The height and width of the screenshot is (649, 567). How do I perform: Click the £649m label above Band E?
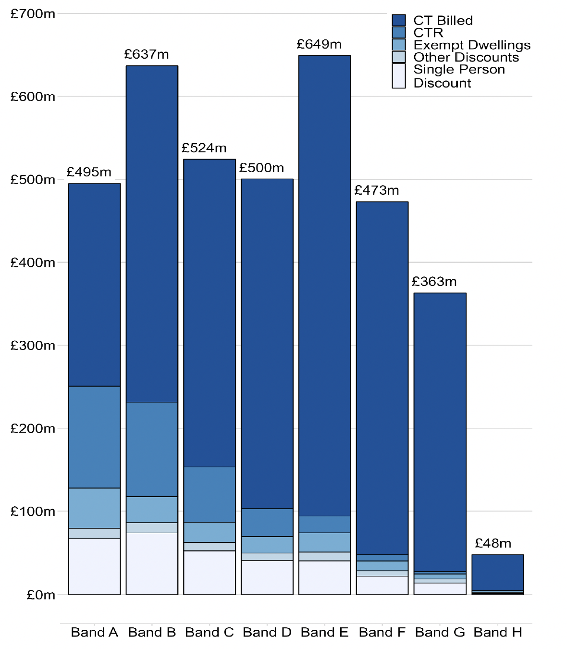point(319,45)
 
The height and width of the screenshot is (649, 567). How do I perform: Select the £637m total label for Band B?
point(147,54)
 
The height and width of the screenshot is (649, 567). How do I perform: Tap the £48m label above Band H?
point(493,543)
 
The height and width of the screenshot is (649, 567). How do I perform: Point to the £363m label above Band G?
point(434,282)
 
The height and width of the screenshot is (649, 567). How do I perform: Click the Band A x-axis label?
point(94,632)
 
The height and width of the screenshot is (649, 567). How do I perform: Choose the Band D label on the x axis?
point(267,632)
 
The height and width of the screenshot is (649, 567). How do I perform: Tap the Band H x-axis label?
point(498,632)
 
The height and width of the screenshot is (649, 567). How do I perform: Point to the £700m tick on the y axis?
point(33,14)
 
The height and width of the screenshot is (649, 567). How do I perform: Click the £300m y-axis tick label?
point(33,346)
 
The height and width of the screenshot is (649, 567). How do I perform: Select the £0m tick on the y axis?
point(41,595)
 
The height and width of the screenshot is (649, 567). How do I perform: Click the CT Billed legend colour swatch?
point(399,20)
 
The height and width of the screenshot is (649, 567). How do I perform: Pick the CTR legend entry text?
point(428,33)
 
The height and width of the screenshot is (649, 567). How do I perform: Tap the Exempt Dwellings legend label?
point(472,45)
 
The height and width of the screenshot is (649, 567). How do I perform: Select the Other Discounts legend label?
point(466,57)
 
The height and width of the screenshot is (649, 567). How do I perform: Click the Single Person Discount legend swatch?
point(399,76)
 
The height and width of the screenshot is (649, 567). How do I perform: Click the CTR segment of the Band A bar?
point(94,437)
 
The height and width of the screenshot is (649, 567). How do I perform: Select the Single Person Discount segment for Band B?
point(152,563)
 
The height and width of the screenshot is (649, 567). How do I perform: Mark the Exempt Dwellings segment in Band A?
point(94,508)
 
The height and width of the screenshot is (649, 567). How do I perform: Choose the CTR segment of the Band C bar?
point(210,494)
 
